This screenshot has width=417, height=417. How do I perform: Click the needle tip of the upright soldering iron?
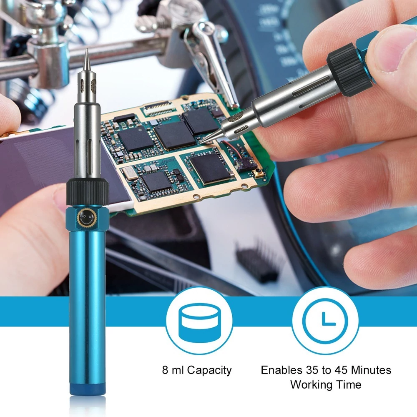point(87,49)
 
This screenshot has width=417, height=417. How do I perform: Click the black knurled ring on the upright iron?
point(88,192)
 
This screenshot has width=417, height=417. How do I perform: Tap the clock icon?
point(325,320)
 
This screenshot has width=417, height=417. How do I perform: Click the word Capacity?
point(209,371)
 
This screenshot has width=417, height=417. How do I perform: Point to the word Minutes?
point(371,370)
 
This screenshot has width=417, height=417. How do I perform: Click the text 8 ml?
point(173,370)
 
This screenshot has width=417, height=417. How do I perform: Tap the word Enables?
point(281,370)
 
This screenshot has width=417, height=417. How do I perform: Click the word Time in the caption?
point(348,384)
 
